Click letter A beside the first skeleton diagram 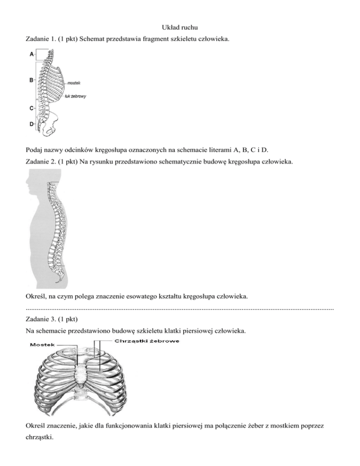(31, 54)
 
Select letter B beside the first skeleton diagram (31, 80)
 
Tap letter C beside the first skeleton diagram (31, 108)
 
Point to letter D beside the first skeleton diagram (31, 124)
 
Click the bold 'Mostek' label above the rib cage (43, 345)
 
